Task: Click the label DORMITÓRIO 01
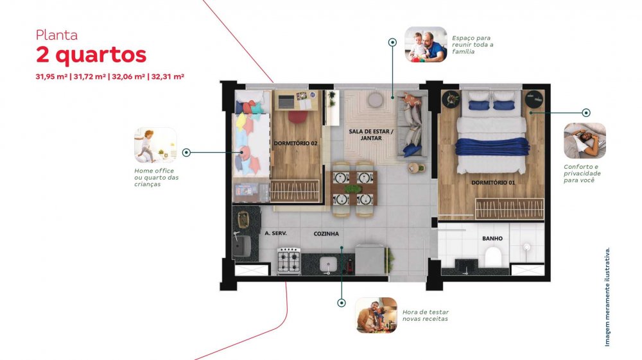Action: tap(493, 182)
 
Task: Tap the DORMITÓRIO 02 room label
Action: tap(295, 143)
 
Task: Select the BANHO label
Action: tap(492, 238)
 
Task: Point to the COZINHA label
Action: tap(326, 234)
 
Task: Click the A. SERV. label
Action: tap(275, 233)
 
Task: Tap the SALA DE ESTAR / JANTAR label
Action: tap(371, 135)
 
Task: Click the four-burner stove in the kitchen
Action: tap(289, 261)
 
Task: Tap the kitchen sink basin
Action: tap(328, 264)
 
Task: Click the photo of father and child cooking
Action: tap(376, 315)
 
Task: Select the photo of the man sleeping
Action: tap(585, 141)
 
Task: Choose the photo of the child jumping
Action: tap(155, 145)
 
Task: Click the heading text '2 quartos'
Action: tap(91, 55)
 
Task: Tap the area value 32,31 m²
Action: tap(168, 76)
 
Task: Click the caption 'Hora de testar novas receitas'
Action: tap(426, 316)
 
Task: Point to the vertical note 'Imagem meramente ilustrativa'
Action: tap(607, 297)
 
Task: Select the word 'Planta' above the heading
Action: tap(56, 35)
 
